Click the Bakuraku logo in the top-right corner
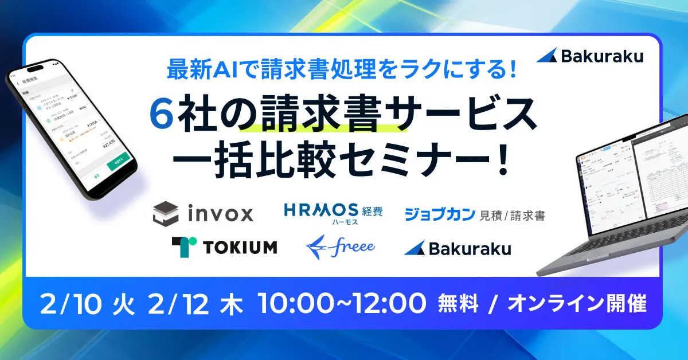tap(590, 56)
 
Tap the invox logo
tap(204, 214)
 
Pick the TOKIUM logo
tap(224, 246)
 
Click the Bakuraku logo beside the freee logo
tap(458, 248)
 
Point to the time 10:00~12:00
tap(342, 303)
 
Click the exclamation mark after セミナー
tap(503, 156)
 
